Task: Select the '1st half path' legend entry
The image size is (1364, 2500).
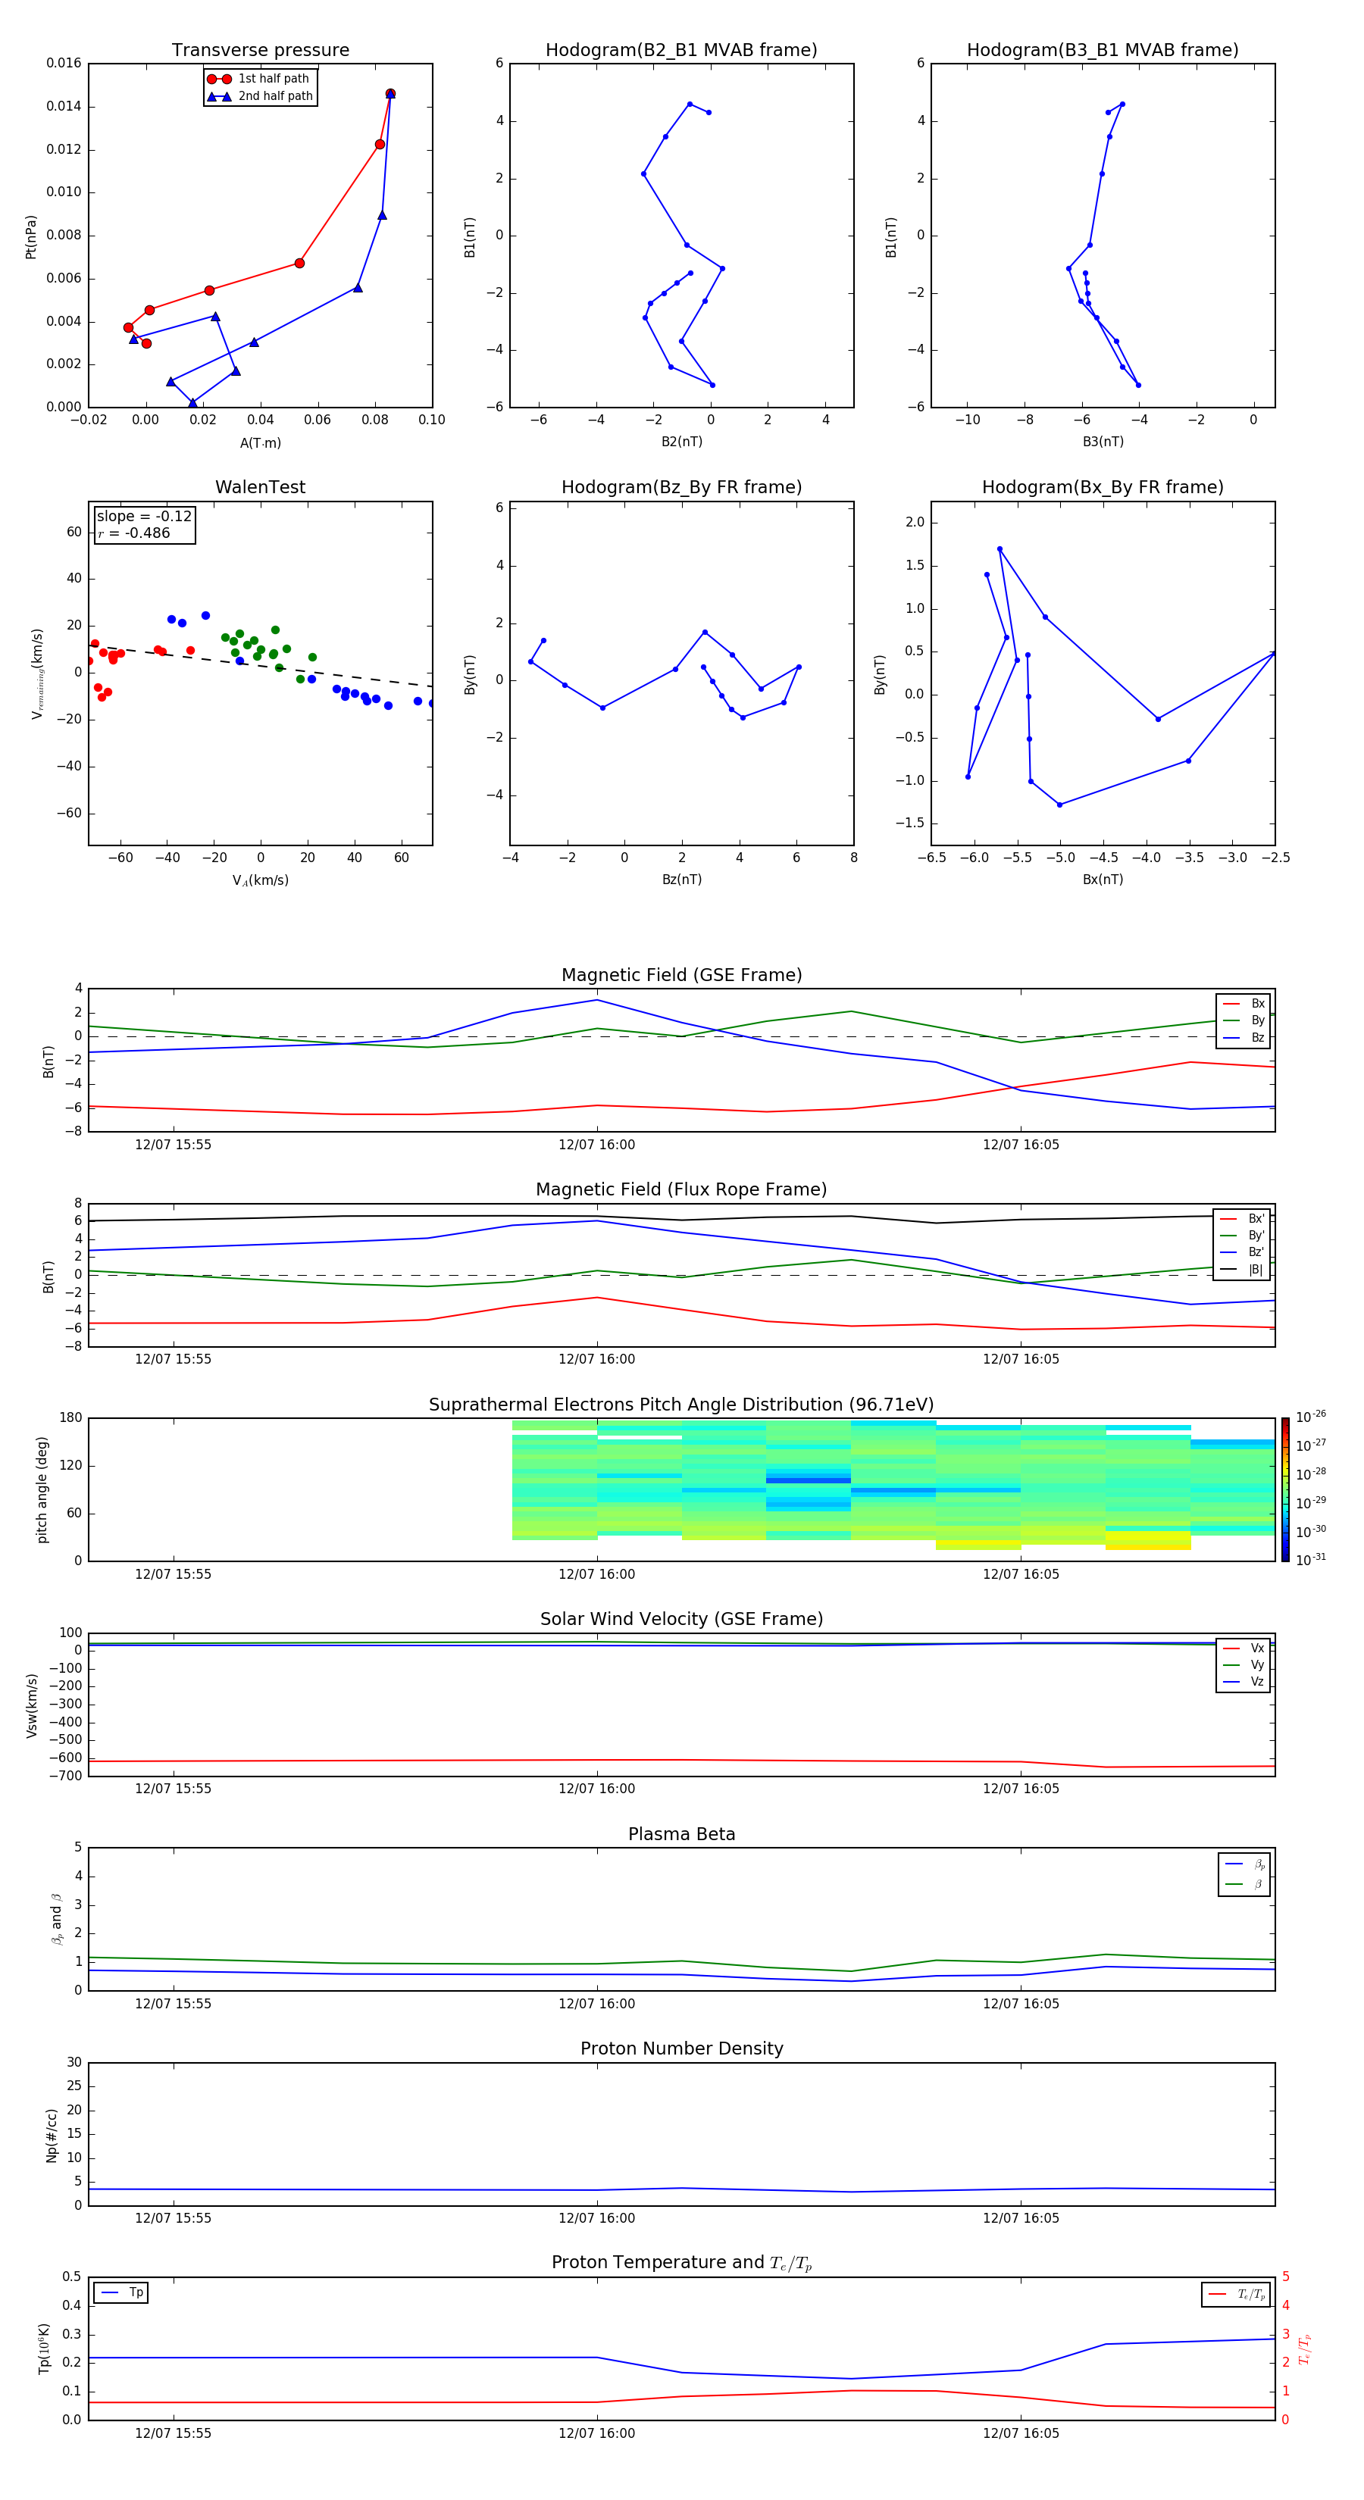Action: pyautogui.click(x=273, y=79)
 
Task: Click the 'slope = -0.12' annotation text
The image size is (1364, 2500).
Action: pyautogui.click(x=144, y=517)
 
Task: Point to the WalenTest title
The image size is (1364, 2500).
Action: pyautogui.click(x=260, y=487)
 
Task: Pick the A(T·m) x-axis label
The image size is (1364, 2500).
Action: pyautogui.click(x=260, y=443)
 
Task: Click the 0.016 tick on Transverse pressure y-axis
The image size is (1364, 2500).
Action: pyautogui.click(x=64, y=63)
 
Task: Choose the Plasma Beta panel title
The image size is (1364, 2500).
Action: pyautogui.click(x=681, y=1834)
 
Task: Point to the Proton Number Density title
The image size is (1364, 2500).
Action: pyautogui.click(x=681, y=2048)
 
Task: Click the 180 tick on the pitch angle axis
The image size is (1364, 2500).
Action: pyautogui.click(x=71, y=1418)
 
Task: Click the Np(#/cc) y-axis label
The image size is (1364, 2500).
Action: pyautogui.click(x=52, y=2135)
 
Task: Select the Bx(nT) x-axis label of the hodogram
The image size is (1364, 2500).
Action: pyautogui.click(x=1103, y=880)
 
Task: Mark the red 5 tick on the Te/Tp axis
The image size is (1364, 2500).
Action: pyautogui.click(x=1285, y=2277)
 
